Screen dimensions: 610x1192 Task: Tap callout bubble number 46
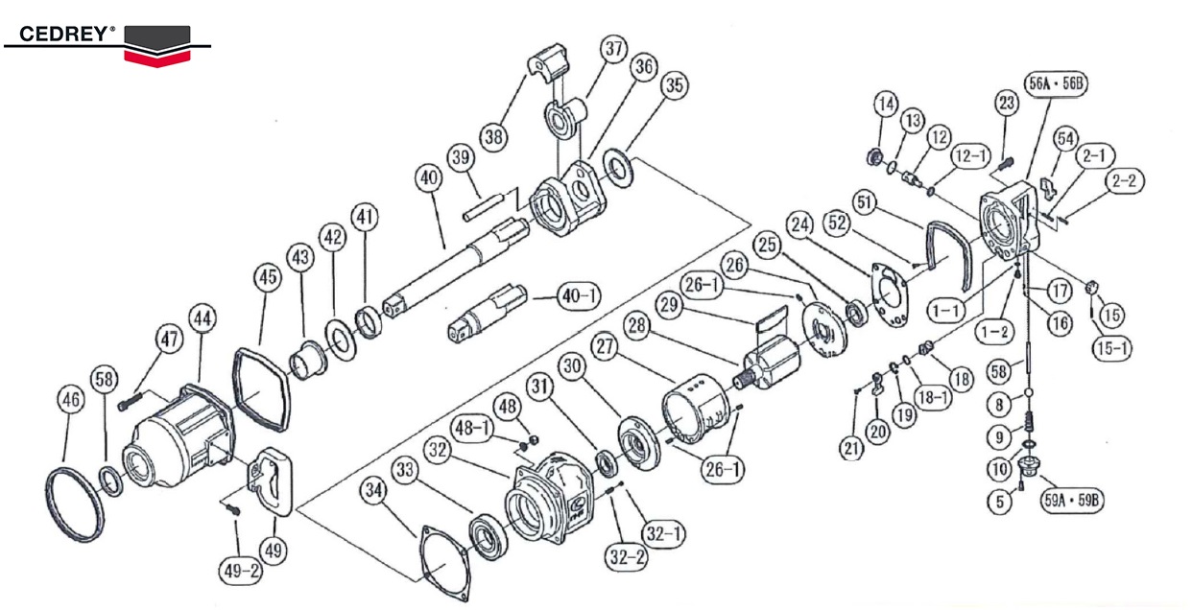70,403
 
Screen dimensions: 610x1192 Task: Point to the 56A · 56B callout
1056,82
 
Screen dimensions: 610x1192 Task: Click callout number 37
613,47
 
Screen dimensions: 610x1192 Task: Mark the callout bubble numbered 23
1005,103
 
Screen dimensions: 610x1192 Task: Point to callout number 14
884,104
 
